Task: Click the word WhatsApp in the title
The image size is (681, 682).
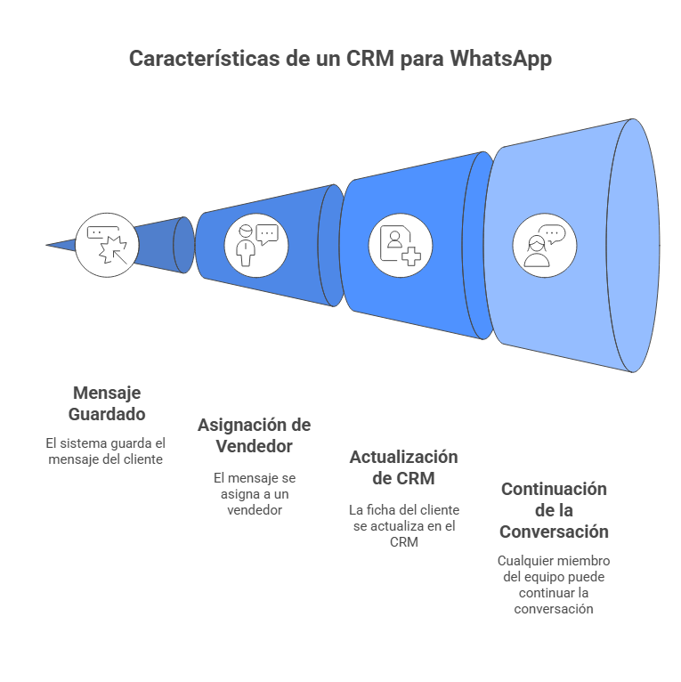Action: pos(500,59)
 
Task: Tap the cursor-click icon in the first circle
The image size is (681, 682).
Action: pos(107,244)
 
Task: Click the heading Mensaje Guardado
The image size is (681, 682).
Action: pos(107,403)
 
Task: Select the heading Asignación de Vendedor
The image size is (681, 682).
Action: pos(254,435)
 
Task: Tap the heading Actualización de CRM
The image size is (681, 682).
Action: pos(403,467)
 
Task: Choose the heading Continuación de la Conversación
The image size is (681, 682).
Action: pos(554,510)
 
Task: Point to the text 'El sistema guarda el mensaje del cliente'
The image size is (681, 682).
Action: pos(107,451)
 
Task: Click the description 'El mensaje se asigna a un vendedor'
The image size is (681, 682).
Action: pos(254,493)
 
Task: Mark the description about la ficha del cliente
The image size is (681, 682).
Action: pos(403,525)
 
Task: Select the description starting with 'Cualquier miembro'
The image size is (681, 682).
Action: pos(554,585)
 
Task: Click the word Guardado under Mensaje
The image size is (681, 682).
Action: pos(107,414)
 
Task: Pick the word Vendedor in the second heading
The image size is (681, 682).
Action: pos(254,446)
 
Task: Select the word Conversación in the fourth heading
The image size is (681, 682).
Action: pos(554,532)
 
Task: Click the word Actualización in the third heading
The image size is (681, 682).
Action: pos(403,457)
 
